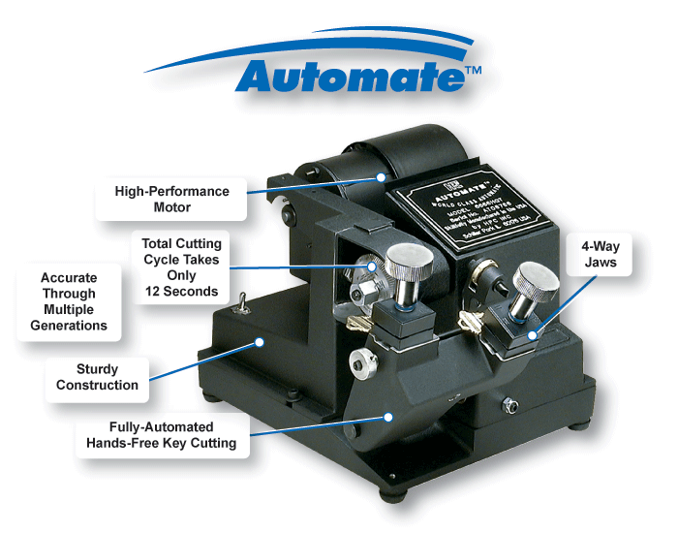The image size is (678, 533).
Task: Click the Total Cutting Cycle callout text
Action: point(181,266)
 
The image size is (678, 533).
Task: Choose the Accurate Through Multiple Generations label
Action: point(69,301)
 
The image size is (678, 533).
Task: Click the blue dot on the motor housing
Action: point(383,177)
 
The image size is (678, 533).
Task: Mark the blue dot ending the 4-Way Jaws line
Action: point(532,336)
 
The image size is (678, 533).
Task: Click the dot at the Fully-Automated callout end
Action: point(387,418)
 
